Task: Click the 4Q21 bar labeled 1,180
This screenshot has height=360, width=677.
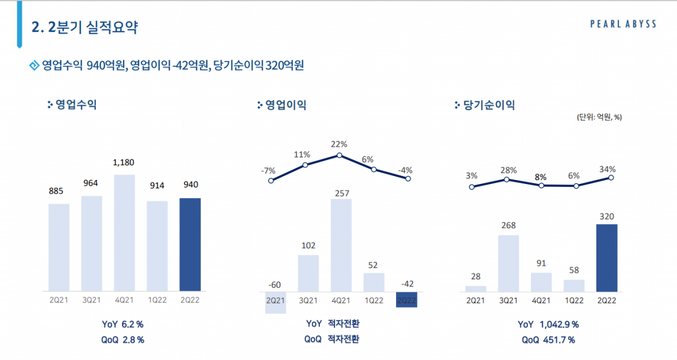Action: pyautogui.click(x=124, y=232)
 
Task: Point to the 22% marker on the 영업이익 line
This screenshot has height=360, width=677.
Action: pyautogui.click(x=340, y=155)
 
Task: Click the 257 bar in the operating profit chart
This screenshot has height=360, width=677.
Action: pyautogui.click(x=341, y=245)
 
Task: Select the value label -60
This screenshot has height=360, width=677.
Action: pyautogui.click(x=275, y=284)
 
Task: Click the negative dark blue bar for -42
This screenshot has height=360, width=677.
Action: pyautogui.click(x=406, y=300)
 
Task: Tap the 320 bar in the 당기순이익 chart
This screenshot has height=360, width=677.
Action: pyautogui.click(x=606, y=258)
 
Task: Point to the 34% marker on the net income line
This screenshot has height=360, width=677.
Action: pyautogui.click(x=610, y=178)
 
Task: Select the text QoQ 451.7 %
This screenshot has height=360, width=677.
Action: pyautogui.click(x=548, y=340)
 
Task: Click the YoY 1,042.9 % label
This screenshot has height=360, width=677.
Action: pyautogui.click(x=548, y=324)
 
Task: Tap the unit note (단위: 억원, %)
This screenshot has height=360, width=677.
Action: pyautogui.click(x=599, y=117)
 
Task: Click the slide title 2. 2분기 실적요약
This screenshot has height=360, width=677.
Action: pyautogui.click(x=85, y=27)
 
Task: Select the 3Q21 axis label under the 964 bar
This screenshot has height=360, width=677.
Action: pyautogui.click(x=91, y=300)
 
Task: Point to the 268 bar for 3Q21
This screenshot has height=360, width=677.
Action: pyautogui.click(x=508, y=264)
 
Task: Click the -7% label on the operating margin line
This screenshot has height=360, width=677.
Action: pyautogui.click(x=268, y=170)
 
